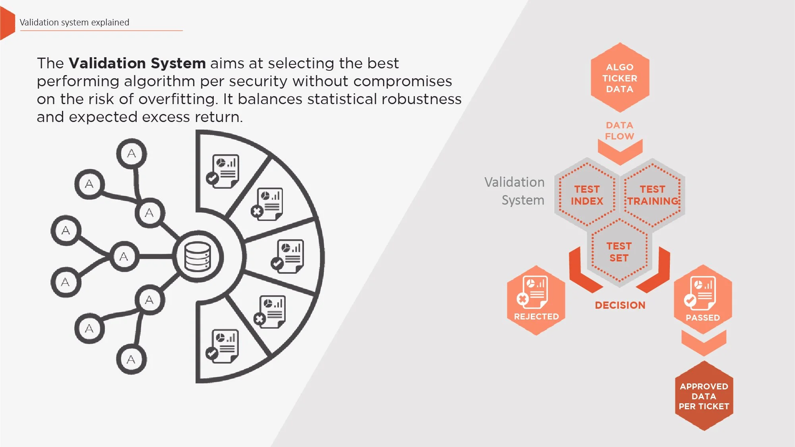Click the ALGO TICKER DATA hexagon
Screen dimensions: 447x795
[x=620, y=78]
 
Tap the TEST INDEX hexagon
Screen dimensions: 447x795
[x=587, y=195]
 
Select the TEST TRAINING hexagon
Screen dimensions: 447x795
[x=652, y=195]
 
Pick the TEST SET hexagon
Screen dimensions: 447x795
[x=619, y=252]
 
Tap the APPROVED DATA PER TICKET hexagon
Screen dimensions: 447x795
[x=704, y=396]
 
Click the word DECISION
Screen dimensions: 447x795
[x=620, y=305]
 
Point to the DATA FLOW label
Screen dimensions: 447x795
[x=619, y=131]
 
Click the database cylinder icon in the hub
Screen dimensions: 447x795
[x=197, y=257]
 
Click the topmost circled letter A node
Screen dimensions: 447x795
[x=132, y=153]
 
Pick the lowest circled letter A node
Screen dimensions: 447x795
[x=131, y=360]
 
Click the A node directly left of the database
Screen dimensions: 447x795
[x=124, y=257]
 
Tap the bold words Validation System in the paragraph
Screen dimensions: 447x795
[x=137, y=63]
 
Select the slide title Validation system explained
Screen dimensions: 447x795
[x=74, y=22]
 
